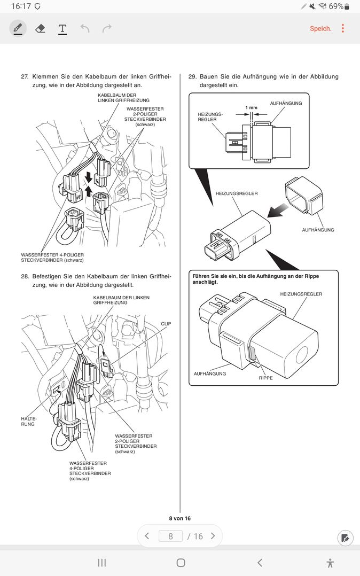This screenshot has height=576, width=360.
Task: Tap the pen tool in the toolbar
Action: point(18,28)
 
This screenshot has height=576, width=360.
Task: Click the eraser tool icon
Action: point(40,28)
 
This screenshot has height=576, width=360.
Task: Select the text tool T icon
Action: point(62,28)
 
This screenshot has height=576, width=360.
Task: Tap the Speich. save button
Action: point(320,28)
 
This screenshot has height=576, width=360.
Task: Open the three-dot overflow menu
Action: point(343,28)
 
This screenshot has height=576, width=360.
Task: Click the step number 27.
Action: point(25,77)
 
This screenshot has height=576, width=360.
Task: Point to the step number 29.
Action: point(193,77)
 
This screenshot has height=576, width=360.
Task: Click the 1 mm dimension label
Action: point(251,107)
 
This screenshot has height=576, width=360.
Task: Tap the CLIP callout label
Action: point(166,324)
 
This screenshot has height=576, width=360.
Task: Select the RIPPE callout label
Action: point(265,378)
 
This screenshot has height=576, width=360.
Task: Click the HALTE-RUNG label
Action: point(28,421)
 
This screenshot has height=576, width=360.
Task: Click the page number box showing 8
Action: point(170,536)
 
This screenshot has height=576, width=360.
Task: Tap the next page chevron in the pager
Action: point(213,536)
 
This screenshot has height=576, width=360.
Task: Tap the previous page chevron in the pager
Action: point(147,536)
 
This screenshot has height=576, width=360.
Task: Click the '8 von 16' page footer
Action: point(179,518)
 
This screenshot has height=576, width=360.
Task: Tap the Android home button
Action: point(181,563)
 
